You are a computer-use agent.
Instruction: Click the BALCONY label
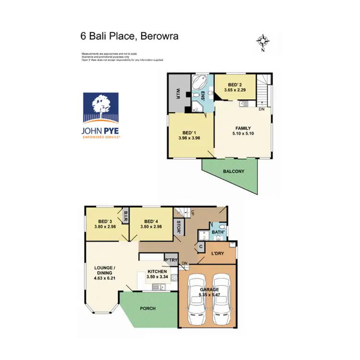click(233, 171)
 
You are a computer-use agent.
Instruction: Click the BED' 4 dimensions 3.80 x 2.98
click(151, 227)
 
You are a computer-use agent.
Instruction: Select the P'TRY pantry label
click(171, 261)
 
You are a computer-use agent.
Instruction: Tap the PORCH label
click(148, 308)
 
